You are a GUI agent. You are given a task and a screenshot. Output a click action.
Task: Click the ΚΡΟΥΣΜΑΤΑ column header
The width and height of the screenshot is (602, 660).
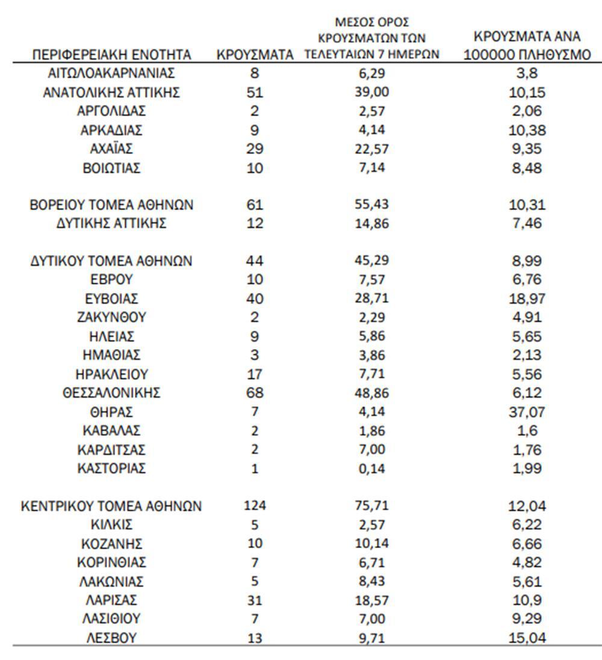tap(255, 55)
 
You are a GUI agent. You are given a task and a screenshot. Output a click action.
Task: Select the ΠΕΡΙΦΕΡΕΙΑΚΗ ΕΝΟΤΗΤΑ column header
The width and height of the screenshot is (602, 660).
tap(111, 55)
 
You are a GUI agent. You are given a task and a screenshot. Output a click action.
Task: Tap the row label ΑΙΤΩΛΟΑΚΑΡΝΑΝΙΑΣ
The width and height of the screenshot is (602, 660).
tap(111, 74)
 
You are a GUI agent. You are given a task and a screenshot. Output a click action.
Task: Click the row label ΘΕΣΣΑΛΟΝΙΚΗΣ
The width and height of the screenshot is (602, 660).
tap(111, 393)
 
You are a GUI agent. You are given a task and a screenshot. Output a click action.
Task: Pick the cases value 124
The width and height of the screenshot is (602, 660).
tap(255, 506)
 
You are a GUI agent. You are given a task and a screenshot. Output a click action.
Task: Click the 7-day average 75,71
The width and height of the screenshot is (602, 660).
tap(371, 506)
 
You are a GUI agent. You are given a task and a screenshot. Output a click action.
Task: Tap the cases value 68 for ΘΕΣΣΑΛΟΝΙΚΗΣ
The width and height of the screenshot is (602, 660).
tap(255, 393)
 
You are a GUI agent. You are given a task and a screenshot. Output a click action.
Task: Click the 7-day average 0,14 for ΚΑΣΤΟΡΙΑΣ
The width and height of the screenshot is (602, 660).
tap(371, 469)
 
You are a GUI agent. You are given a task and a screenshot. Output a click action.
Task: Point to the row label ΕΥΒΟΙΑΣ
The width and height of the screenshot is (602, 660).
tap(111, 298)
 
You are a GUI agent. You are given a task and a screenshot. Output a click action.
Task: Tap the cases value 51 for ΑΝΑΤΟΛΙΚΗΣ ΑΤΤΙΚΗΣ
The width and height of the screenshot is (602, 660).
tap(255, 93)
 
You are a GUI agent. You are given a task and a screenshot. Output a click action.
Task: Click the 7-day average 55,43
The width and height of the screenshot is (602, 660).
tap(371, 205)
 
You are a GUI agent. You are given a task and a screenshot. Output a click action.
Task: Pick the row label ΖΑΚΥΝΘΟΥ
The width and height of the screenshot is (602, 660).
tap(111, 317)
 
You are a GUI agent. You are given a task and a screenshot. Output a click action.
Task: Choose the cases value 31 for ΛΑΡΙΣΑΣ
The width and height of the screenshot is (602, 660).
tap(255, 600)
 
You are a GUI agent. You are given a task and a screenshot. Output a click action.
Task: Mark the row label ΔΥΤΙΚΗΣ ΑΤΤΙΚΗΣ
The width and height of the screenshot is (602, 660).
tap(111, 224)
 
